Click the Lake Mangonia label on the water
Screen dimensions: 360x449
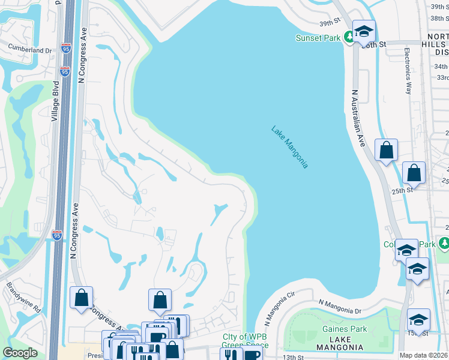[x=289, y=147]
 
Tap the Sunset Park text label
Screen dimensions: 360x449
[x=318, y=38]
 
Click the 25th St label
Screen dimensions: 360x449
[x=402, y=190]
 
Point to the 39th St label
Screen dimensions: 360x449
[x=330, y=22]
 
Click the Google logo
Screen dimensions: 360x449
[x=20, y=353]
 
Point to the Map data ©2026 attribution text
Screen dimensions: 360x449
[x=424, y=355]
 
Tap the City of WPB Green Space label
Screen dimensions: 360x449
[x=241, y=341]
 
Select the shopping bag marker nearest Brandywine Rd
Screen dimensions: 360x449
[x=81, y=298]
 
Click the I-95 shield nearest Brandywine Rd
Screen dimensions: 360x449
[x=56, y=235]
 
